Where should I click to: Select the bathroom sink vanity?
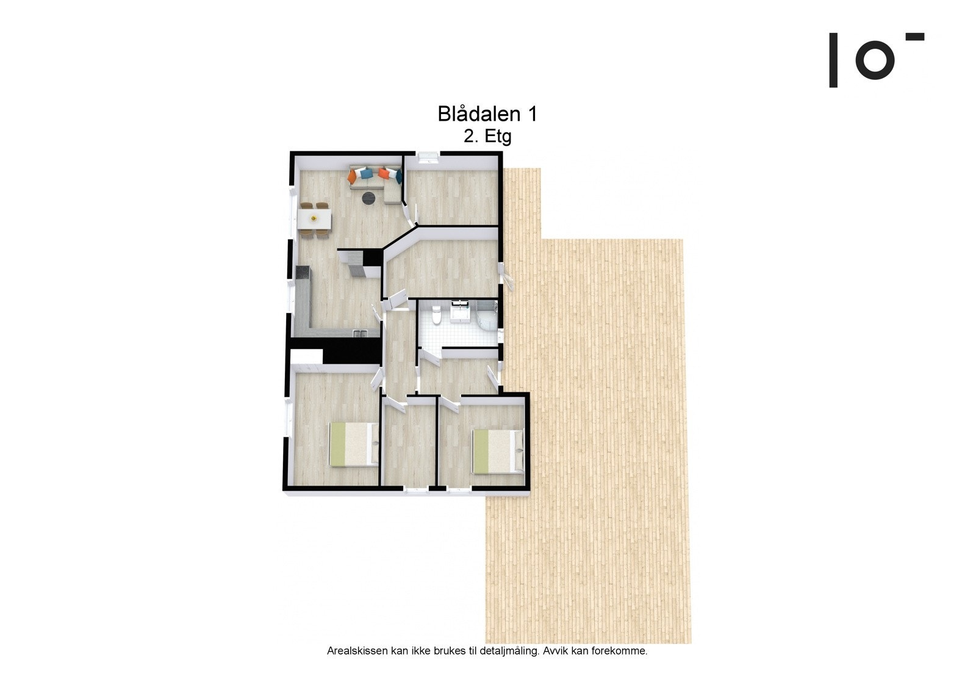click(x=459, y=310)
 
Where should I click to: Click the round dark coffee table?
click(x=368, y=198)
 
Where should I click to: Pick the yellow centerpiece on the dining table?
click(x=315, y=218)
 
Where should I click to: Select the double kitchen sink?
click(x=360, y=332)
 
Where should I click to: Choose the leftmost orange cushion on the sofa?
click(x=353, y=176)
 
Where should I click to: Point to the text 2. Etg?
click(x=487, y=137)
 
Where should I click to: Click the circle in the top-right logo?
click(x=875, y=60)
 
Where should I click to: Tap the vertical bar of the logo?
click(x=833, y=60)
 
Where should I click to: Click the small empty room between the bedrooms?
click(x=407, y=442)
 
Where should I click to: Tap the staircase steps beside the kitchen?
click(x=354, y=264)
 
